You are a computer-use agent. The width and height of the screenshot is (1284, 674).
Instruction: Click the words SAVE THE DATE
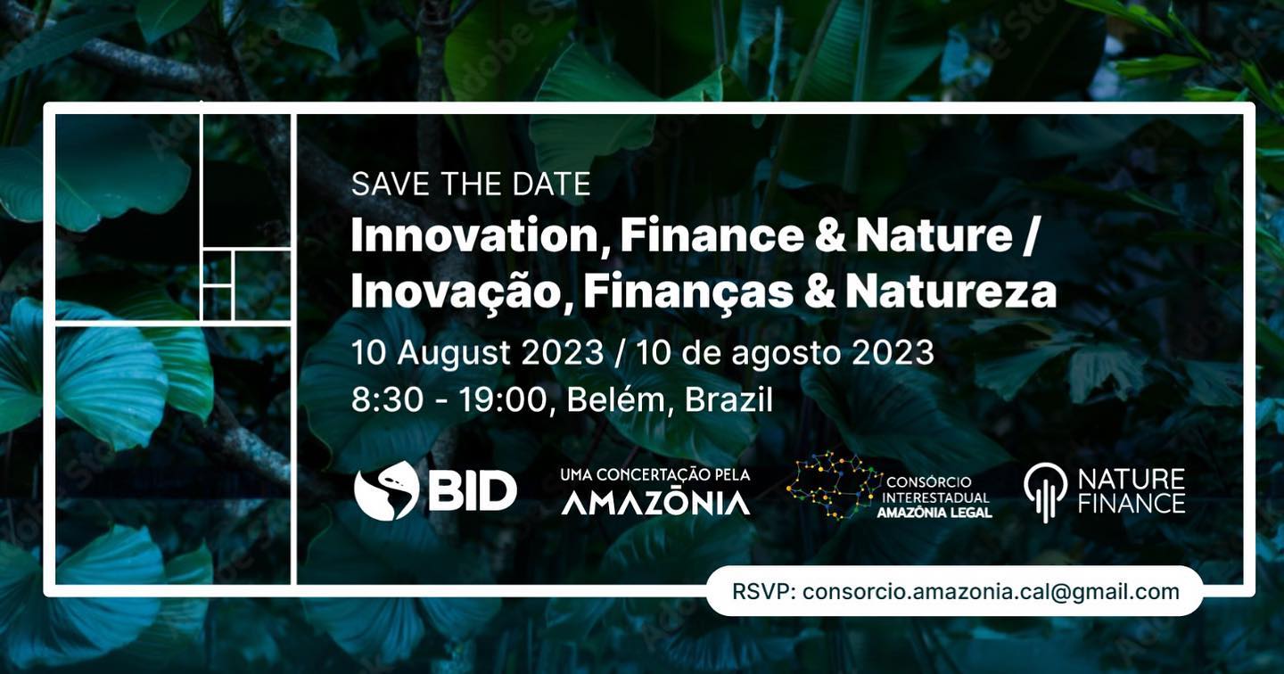click(x=471, y=184)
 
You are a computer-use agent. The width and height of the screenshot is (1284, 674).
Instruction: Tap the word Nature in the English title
click(x=934, y=235)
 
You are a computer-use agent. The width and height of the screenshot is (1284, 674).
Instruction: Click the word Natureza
click(x=951, y=292)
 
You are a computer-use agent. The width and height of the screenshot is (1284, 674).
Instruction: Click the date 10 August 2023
click(x=477, y=352)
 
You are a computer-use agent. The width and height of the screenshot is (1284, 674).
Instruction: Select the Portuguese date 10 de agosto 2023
click(x=786, y=353)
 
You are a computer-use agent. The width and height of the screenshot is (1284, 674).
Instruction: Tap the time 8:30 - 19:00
click(x=449, y=400)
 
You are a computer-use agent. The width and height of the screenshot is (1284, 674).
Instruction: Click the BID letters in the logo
click(x=473, y=491)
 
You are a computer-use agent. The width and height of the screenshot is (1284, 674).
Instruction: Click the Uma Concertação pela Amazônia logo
click(x=655, y=491)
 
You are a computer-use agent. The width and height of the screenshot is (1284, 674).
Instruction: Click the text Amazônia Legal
click(x=934, y=513)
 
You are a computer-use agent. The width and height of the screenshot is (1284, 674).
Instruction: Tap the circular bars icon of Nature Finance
click(x=1046, y=493)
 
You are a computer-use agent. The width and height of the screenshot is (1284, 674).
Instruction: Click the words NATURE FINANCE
click(x=1132, y=491)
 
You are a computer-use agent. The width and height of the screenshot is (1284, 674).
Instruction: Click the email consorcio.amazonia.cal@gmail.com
click(x=992, y=591)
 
